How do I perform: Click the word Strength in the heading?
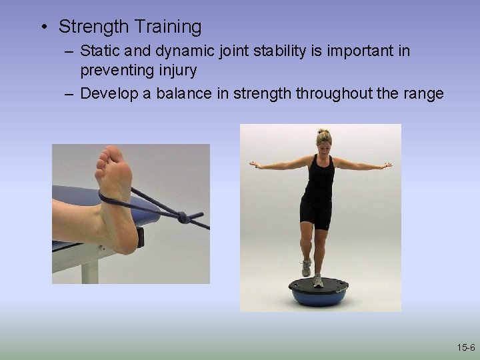[x=93, y=27]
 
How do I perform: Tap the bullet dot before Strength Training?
[x=43, y=27]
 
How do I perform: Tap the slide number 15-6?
[x=465, y=347]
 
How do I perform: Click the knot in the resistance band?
[x=181, y=217]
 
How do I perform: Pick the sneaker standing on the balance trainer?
[x=319, y=280]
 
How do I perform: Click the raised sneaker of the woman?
[x=306, y=268]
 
